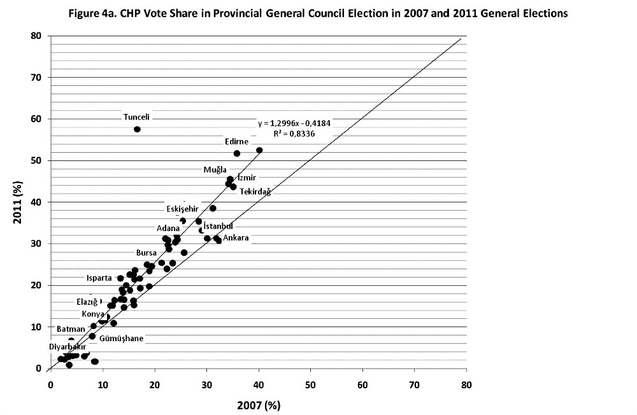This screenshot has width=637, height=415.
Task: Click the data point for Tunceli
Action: point(137,129)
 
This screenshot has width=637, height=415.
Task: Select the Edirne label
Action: point(236,141)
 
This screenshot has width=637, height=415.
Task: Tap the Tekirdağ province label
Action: point(255,192)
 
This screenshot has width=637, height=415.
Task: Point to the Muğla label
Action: point(215,169)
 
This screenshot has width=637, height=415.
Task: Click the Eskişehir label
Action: point(183,209)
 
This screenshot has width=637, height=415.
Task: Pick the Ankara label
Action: point(236,238)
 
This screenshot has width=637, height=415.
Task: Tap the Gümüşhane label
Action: point(122,338)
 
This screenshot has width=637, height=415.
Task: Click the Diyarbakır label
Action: point(68,346)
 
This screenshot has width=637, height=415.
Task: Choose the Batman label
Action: point(71,329)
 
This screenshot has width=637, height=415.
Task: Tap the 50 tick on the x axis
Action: point(310,384)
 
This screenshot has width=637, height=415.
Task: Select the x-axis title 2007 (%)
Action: point(258,405)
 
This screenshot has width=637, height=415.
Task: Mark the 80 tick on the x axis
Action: point(466,384)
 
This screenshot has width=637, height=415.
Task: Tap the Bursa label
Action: point(147,253)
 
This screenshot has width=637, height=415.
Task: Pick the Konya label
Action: point(92,314)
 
